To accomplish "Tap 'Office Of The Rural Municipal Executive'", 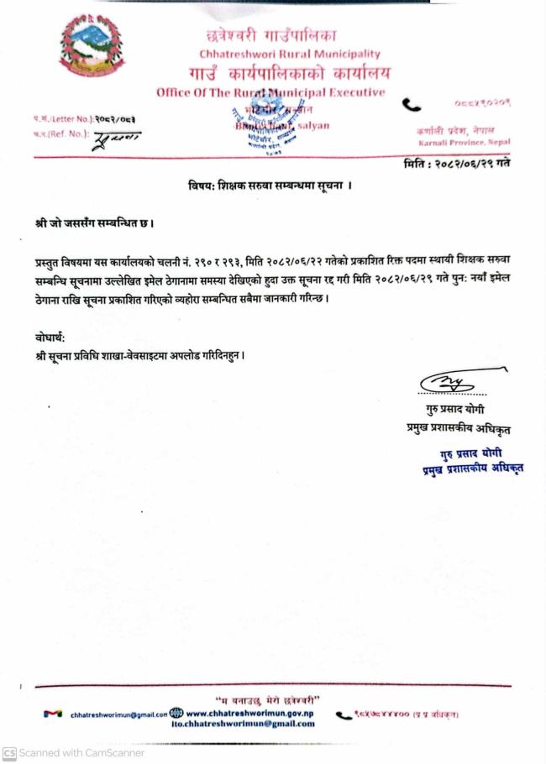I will [x=270, y=92].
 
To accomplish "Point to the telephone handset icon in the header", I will [x=412, y=105].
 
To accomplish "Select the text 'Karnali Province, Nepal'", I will [x=464, y=144].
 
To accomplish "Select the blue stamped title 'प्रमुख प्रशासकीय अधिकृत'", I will [x=472, y=468].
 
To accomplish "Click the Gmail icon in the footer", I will [x=55, y=714].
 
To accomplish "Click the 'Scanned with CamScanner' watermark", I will [x=63, y=753].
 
